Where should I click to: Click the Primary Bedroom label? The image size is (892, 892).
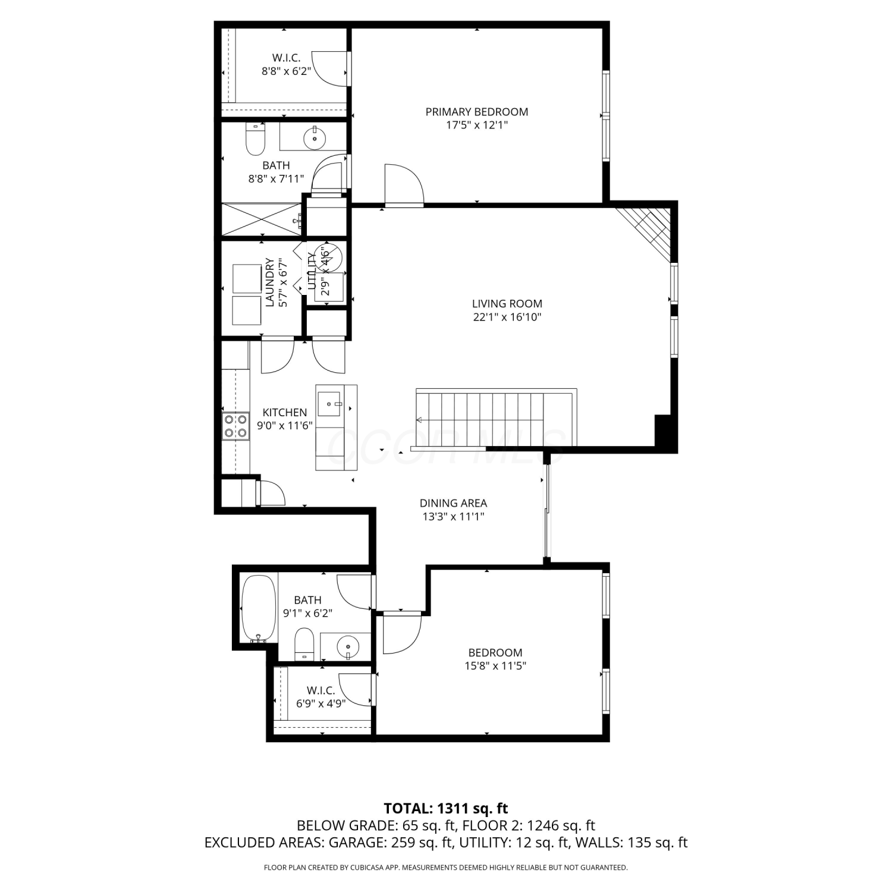click(476, 112)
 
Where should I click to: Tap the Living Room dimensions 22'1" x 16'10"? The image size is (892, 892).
click(507, 318)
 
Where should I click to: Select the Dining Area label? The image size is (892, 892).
click(453, 503)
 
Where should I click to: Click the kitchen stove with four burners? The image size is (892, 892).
click(235, 426)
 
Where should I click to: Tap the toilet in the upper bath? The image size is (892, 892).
click(255, 139)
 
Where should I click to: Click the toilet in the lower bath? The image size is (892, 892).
click(304, 644)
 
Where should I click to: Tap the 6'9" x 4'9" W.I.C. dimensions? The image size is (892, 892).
click(321, 703)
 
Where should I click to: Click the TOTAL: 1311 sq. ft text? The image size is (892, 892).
click(446, 809)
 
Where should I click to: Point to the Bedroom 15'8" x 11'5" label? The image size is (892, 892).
click(495, 659)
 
